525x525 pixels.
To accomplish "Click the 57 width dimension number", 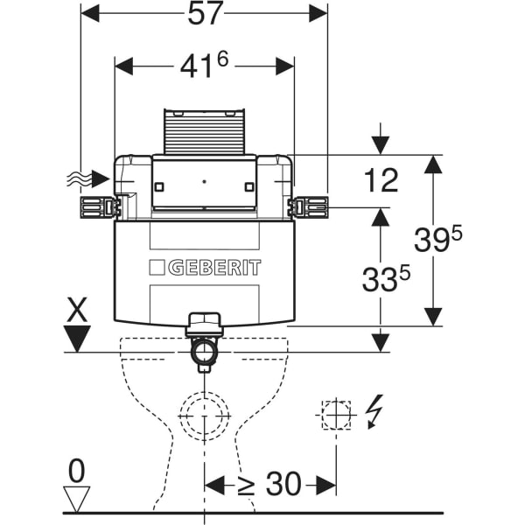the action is (205, 14).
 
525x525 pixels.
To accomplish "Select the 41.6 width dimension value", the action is (204, 66).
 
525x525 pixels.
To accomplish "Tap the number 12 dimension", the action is (381, 180).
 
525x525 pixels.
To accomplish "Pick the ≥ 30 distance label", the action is (269, 484).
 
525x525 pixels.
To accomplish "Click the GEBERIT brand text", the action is (214, 268).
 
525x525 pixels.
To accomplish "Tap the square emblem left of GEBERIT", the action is (157, 268).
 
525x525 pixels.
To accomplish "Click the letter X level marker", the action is (77, 310).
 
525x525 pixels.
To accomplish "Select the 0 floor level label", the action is (77, 471).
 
